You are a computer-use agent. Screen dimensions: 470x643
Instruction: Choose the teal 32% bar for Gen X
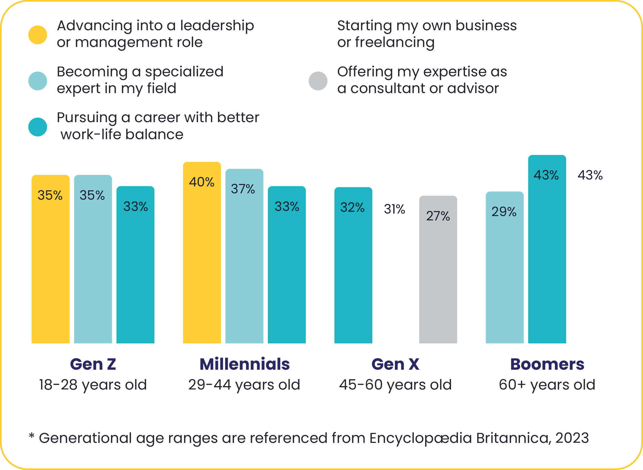pyautogui.click(x=353, y=265)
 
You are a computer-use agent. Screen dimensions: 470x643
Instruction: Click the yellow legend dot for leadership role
pyautogui.click(x=38, y=35)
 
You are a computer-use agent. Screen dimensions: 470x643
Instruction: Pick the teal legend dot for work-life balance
pyautogui.click(x=38, y=127)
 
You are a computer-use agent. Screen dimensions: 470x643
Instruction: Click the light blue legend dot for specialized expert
pyautogui.click(x=38, y=81)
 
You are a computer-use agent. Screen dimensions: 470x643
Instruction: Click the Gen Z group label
pyautogui.click(x=93, y=364)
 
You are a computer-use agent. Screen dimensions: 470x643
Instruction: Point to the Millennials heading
pyautogui.click(x=245, y=364)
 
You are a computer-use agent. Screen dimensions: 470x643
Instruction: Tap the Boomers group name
pyautogui.click(x=547, y=364)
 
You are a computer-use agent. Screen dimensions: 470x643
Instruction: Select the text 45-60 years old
pyautogui.click(x=396, y=385)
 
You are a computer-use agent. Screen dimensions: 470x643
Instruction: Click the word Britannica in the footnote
pyautogui.click(x=513, y=438)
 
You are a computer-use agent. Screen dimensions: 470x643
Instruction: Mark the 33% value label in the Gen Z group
pyautogui.click(x=136, y=207)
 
